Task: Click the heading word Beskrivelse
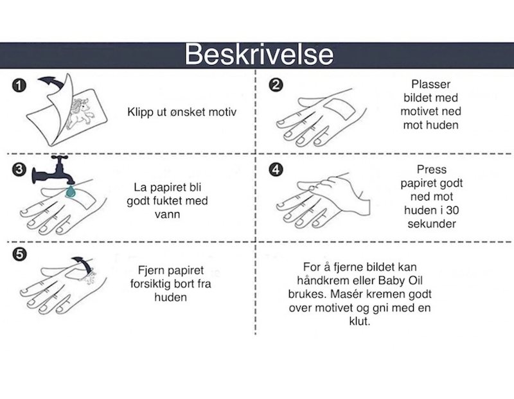pyautogui.click(x=259, y=55)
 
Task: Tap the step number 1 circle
pyautogui.click(x=19, y=85)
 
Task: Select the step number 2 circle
pyautogui.click(x=276, y=85)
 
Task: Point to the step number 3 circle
pyautogui.click(x=19, y=170)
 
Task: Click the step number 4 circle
pyautogui.click(x=276, y=170)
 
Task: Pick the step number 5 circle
pyautogui.click(x=19, y=254)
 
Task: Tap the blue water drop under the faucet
pyautogui.click(x=71, y=191)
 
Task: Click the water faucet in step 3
pyautogui.click(x=53, y=170)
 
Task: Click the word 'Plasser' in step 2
pyautogui.click(x=430, y=84)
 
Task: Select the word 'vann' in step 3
pyautogui.click(x=167, y=215)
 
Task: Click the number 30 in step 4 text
pyautogui.click(x=452, y=210)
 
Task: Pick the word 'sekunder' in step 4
pyautogui.click(x=432, y=224)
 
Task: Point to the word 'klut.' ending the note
pyautogui.click(x=360, y=321)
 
